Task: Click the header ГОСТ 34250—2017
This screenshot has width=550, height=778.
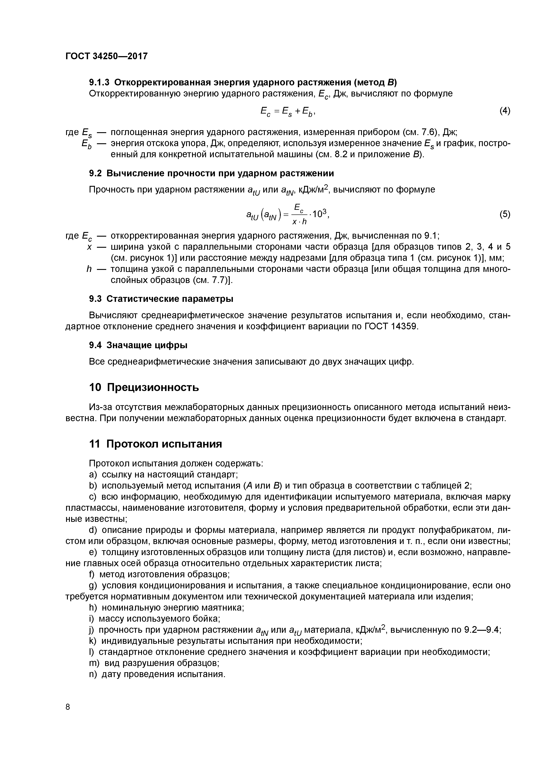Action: point(106,56)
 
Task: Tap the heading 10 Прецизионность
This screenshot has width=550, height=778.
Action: point(144,387)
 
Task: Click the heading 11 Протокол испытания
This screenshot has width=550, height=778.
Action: point(155,444)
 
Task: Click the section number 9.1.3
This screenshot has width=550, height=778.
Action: point(100,82)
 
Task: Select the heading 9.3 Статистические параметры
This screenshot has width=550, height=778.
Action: point(161,299)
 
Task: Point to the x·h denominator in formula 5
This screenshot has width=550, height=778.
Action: point(299,222)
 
